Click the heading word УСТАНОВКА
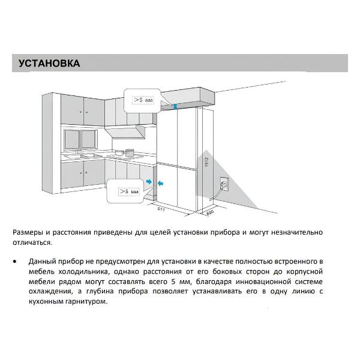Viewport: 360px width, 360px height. point(49,63)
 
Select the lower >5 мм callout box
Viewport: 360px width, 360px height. point(127,191)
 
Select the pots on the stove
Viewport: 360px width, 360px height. point(123,152)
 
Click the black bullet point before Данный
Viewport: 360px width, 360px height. point(14,263)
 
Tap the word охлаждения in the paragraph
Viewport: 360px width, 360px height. point(50,292)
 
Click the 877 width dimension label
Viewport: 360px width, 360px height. point(161,210)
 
